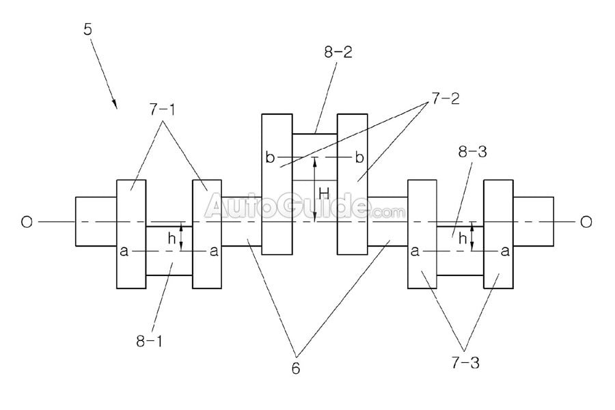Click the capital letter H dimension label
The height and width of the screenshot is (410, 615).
(324, 193)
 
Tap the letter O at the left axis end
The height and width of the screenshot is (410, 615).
(26, 222)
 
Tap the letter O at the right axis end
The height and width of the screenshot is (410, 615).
(586, 222)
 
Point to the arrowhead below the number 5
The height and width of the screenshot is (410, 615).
(114, 104)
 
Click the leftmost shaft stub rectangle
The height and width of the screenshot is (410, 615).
(96, 221)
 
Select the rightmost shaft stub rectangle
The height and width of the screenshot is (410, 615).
(533, 221)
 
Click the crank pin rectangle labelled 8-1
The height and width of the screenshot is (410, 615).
(169, 263)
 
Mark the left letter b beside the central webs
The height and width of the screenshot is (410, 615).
(271, 158)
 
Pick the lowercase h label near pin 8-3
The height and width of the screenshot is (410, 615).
(463, 238)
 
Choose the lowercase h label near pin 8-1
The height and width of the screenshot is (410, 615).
(172, 238)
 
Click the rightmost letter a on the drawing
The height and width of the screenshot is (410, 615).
(505, 251)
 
